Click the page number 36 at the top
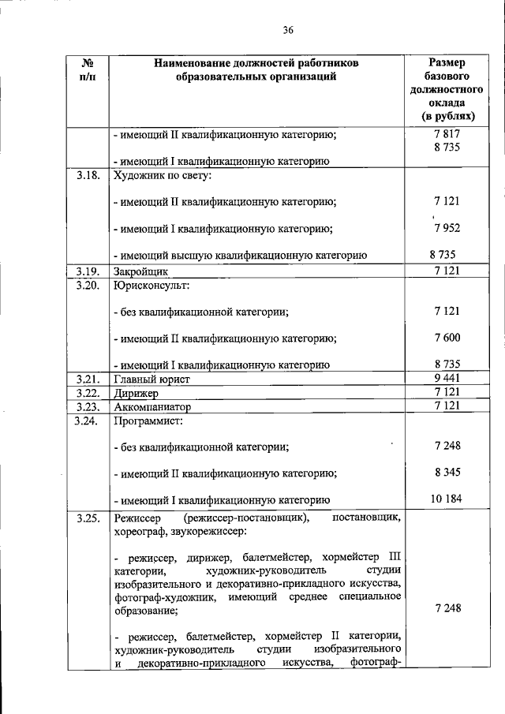288,31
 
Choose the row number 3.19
88,271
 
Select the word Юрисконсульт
151,285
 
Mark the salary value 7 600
446,338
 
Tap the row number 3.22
88,392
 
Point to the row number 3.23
88,406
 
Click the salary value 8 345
446,472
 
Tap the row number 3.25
88,518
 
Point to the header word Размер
446,62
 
